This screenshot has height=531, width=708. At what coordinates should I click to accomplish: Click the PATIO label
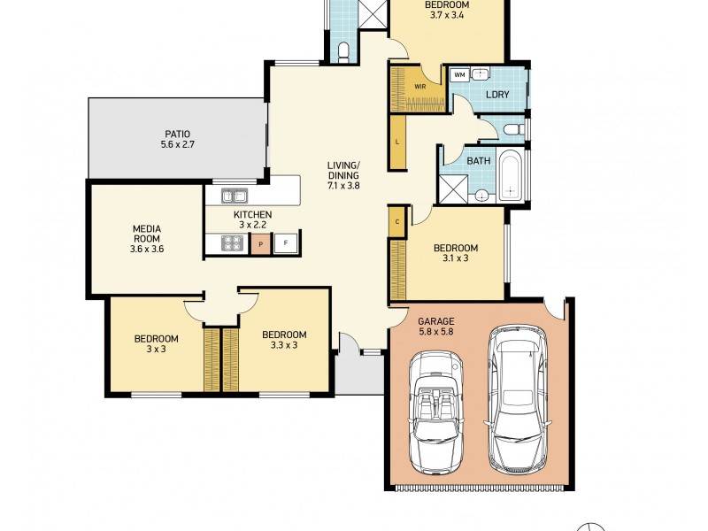[x=177, y=134]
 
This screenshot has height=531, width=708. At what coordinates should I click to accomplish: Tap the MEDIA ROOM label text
[x=146, y=233]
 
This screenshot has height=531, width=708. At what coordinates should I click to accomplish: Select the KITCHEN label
[x=252, y=215]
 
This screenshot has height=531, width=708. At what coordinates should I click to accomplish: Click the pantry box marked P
[x=260, y=243]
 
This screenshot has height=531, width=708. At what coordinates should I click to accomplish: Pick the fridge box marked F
[x=286, y=243]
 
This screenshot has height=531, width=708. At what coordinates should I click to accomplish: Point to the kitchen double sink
[x=235, y=196]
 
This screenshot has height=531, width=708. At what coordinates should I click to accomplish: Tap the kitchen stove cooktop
[x=233, y=243]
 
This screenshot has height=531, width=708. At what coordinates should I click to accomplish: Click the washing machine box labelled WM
[x=459, y=75]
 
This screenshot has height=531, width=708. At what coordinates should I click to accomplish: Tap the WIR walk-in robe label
[x=420, y=87]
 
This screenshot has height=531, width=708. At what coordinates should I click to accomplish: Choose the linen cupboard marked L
[x=398, y=142]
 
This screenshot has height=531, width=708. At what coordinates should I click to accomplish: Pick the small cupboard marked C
[x=397, y=221]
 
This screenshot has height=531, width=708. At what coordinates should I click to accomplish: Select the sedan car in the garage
[x=517, y=397]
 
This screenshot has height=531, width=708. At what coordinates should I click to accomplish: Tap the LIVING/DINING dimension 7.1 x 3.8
[x=343, y=187]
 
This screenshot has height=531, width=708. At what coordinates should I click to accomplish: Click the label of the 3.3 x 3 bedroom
[x=284, y=335]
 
